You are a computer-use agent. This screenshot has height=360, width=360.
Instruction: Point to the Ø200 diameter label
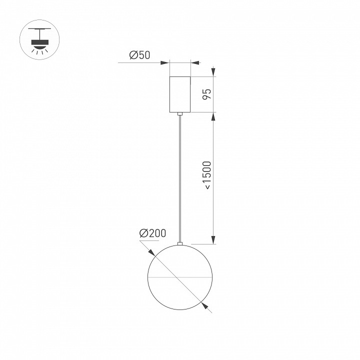point(152,233)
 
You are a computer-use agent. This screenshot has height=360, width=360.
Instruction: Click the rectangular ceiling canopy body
point(180,94)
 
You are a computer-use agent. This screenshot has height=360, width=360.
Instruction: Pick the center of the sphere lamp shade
point(180,276)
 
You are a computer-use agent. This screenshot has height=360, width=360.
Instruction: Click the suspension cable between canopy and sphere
point(180,180)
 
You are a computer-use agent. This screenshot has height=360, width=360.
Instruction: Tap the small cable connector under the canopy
point(180,114)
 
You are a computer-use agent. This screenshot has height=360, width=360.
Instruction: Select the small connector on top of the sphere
point(180,243)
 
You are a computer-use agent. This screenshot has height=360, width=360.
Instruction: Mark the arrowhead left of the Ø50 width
point(165,63)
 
